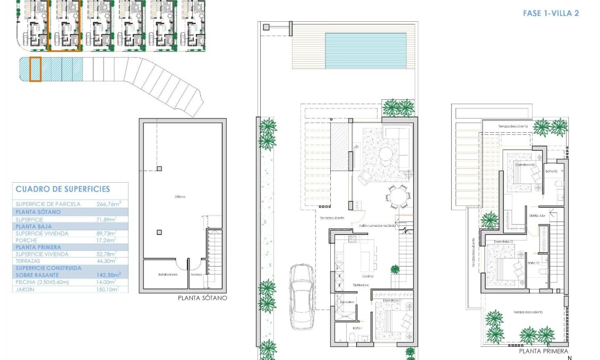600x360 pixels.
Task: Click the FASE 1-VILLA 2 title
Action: (x=550, y=13)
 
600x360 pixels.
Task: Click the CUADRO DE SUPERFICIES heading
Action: (x=63, y=189)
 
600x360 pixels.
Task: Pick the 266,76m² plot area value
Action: (x=109, y=204)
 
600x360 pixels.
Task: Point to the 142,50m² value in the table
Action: (x=109, y=275)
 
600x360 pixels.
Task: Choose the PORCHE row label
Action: (x=27, y=240)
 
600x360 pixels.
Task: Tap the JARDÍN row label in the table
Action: (x=26, y=289)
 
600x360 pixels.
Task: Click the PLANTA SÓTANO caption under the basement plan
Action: (x=202, y=298)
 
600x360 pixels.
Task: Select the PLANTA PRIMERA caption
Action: (x=543, y=352)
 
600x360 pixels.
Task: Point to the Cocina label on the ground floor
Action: (x=367, y=277)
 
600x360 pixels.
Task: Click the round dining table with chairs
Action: (x=397, y=198)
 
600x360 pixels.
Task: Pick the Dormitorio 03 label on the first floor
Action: (x=525, y=165)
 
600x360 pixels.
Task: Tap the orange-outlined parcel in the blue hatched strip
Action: (x=35, y=70)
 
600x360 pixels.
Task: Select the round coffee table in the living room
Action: (x=385, y=154)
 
